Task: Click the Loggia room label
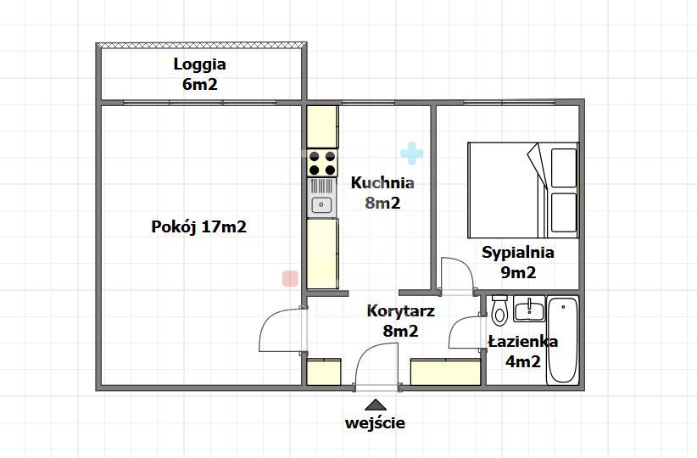tap(199, 64)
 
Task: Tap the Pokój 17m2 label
tap(199, 227)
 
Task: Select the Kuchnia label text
tap(382, 182)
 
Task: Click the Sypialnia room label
tap(517, 252)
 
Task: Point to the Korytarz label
tap(400, 311)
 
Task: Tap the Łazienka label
tap(523, 342)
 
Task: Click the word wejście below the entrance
tap(375, 422)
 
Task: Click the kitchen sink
tap(321, 204)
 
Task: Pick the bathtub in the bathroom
tap(562, 340)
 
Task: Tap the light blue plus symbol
tap(411, 154)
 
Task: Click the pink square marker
tap(289, 278)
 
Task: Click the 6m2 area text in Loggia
tap(199, 84)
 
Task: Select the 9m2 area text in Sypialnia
tap(517, 273)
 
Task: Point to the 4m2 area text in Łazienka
tap(523, 362)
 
